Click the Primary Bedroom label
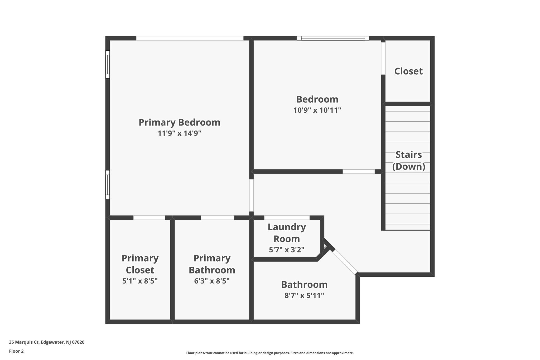click(x=179, y=122)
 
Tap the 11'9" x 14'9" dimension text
click(x=179, y=133)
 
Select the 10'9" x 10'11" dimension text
click(x=317, y=110)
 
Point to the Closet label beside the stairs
click(x=408, y=71)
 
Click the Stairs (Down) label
click(x=408, y=160)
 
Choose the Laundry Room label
click(x=287, y=233)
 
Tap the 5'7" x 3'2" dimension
click(x=287, y=250)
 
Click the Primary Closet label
click(x=140, y=264)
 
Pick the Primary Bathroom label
click(x=212, y=264)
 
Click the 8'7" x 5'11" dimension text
click(x=304, y=295)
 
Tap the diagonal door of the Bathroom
click(x=345, y=262)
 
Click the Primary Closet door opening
click(x=149, y=218)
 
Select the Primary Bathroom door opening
click(x=217, y=218)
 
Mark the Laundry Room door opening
click(x=287, y=218)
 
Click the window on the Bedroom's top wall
click(x=333, y=38)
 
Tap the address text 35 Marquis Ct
click(x=47, y=342)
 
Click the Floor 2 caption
click(x=16, y=351)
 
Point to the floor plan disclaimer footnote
click(x=270, y=353)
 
